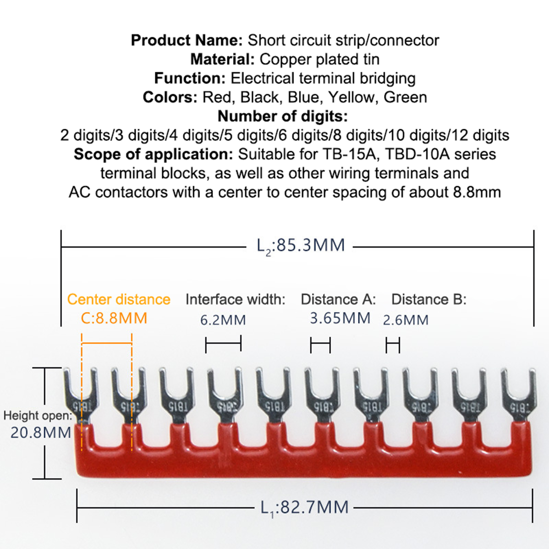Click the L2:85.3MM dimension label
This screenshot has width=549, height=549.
click(301, 246)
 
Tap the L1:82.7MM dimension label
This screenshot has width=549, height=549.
click(304, 507)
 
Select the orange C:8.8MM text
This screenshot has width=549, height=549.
click(114, 318)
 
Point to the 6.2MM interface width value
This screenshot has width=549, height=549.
click(223, 320)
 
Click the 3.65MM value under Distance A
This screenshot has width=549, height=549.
click(340, 318)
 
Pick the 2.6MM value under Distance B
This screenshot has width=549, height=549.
click(406, 320)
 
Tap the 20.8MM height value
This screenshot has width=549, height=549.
click(40, 432)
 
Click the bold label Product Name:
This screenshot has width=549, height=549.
click(187, 40)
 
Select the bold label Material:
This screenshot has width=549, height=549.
click(222, 59)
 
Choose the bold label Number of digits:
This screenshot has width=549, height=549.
click(283, 116)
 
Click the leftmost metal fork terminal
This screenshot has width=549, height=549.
click(81, 395)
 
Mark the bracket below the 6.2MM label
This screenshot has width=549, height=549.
click(223, 344)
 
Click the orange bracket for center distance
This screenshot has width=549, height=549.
click(107, 343)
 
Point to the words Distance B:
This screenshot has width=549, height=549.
click(429, 300)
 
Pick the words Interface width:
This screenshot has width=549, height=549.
click(235, 300)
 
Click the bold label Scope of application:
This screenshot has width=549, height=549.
click(153, 154)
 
